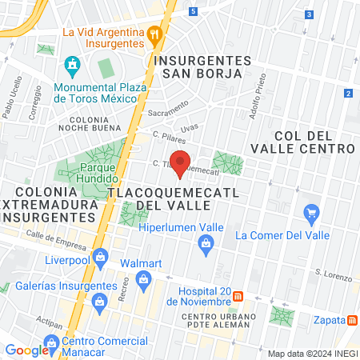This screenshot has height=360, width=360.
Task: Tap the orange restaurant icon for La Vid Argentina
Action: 155,34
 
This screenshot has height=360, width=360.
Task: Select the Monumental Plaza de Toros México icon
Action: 72,63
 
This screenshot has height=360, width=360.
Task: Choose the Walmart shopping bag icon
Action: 143,279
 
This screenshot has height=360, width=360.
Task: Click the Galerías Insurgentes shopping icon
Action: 100,302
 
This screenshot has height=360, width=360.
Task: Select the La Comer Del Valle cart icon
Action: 312,214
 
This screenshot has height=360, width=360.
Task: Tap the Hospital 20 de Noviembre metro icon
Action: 238,297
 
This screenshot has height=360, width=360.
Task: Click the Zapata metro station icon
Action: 352,320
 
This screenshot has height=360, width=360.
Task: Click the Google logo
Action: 26,350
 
